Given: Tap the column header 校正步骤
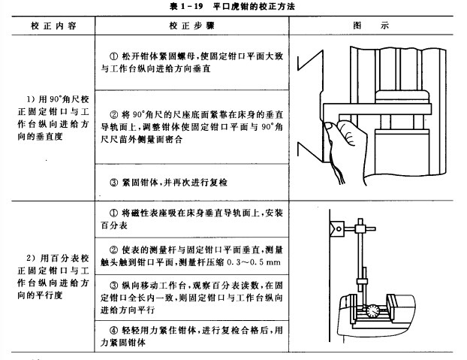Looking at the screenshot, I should (x=190, y=25).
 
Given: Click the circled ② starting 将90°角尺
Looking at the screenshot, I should (x=115, y=115).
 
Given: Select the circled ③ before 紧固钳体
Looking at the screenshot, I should (x=115, y=182).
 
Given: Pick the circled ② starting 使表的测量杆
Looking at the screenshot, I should (x=115, y=250).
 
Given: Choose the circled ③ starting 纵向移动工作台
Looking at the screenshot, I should (x=115, y=286).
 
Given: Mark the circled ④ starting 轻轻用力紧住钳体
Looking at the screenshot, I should (x=115, y=329).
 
